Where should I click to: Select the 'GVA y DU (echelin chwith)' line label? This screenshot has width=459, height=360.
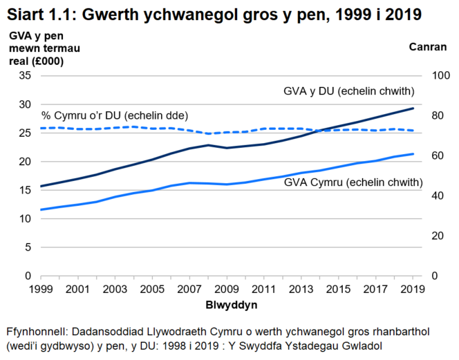(x=349, y=91)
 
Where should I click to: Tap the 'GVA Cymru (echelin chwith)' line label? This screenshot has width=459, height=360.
(x=353, y=182)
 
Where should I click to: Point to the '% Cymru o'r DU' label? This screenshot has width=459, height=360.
(x=115, y=115)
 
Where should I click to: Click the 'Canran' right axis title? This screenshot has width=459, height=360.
(x=427, y=47)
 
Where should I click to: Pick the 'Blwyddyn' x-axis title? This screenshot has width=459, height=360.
(x=229, y=305)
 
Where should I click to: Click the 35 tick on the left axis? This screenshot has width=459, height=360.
(x=24, y=75)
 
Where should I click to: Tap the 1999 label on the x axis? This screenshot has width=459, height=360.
(x=41, y=288)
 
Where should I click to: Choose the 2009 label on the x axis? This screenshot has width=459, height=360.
(x=227, y=288)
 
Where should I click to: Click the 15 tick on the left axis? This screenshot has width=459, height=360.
(x=24, y=190)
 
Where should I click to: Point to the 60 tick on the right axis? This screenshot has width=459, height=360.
(x=435, y=155)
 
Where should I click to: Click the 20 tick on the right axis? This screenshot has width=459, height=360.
(x=435, y=236)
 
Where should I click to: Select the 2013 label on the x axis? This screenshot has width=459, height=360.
(x=302, y=288)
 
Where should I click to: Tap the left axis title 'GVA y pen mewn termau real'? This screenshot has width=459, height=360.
(x=36, y=48)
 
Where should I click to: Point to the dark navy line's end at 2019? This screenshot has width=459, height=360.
(x=413, y=108)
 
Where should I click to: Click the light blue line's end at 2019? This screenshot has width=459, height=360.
(x=413, y=154)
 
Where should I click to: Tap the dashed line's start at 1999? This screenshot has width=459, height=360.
(x=41, y=128)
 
